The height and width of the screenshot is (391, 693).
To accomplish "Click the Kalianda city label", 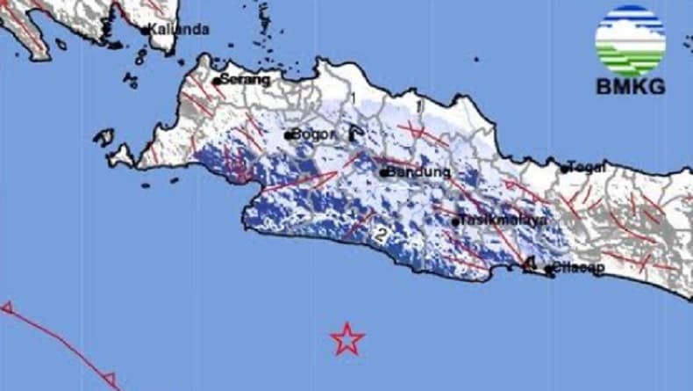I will tap(179, 29).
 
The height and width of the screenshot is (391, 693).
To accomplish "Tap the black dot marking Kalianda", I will tap(146, 31).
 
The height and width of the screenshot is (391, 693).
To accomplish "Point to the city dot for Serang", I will tap(217, 81).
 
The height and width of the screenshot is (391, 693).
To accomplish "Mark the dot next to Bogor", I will tap(287, 135).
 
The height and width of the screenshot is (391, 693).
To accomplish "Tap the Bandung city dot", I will tap(383, 173).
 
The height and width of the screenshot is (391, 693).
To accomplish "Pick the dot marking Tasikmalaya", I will tap(456, 221).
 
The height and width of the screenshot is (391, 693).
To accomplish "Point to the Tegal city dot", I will tap(565, 169).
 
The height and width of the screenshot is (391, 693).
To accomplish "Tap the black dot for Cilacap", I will tap(547, 270).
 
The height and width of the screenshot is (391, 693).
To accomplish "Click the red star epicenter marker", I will tap(347, 338).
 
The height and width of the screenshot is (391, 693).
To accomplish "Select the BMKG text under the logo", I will tap(630, 87).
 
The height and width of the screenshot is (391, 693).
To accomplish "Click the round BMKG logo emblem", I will tap(630, 41).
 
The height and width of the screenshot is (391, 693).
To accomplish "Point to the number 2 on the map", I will tap(380, 235).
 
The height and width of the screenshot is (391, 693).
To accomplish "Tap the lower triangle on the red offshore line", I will tap(111, 380).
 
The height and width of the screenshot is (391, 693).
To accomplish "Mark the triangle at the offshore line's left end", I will tap(7, 308).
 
